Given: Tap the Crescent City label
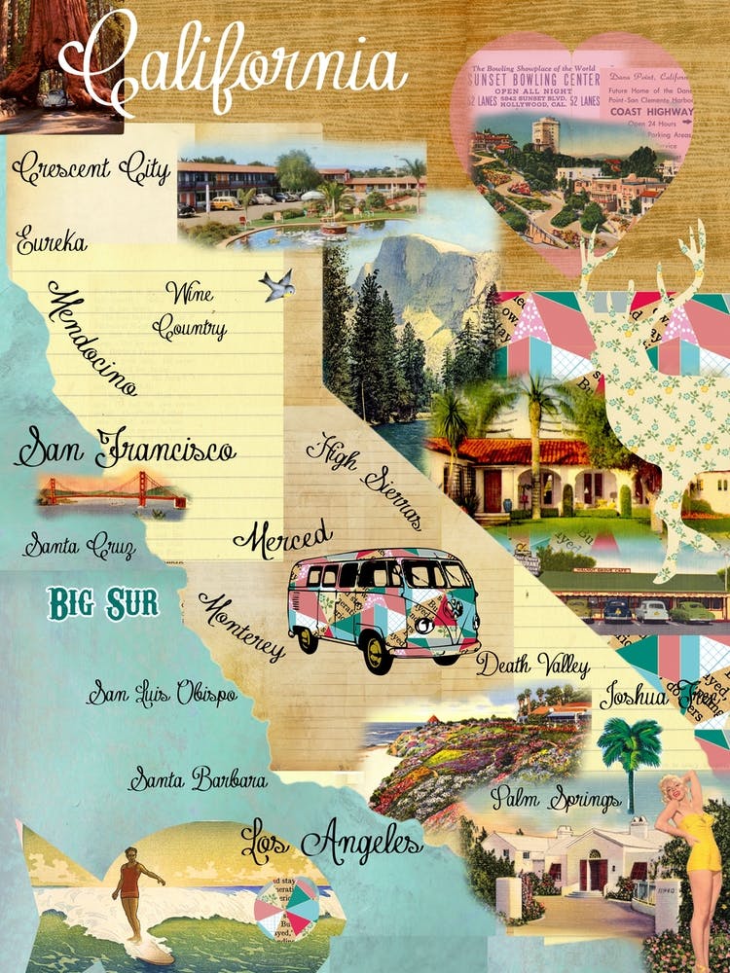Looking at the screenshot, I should [91, 168].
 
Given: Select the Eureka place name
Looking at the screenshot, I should [52, 239].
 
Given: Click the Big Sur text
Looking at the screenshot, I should [102, 603].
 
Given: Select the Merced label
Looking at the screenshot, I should [282, 535].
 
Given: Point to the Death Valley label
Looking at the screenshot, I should [532, 667].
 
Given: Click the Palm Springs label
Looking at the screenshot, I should [555, 800].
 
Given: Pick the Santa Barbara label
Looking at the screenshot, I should [198, 779].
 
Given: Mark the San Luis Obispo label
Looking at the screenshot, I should [161, 695].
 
